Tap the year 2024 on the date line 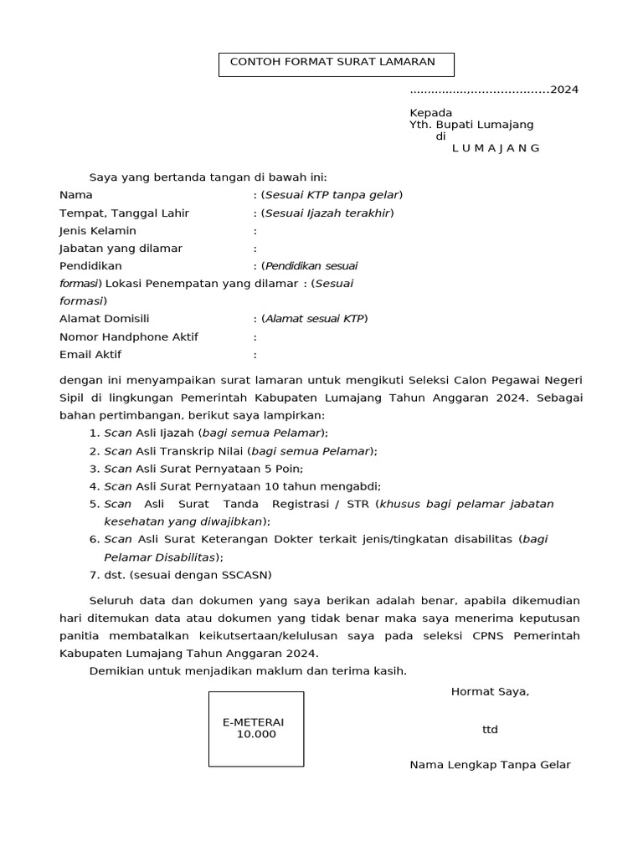click(563, 90)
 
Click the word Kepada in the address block click(430, 113)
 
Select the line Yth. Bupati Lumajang click(471, 125)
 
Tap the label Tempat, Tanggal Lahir click(124, 213)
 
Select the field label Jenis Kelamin click(97, 231)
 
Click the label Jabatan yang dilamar click(121, 249)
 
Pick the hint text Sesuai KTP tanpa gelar click(332, 195)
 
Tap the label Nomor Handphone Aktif click(128, 336)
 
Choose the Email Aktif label click(90, 355)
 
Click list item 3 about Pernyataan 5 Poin click(203, 469)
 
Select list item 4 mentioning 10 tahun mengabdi click(242, 486)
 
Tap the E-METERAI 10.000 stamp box click(256, 729)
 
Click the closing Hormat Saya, click(490, 691)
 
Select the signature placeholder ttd click(490, 730)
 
